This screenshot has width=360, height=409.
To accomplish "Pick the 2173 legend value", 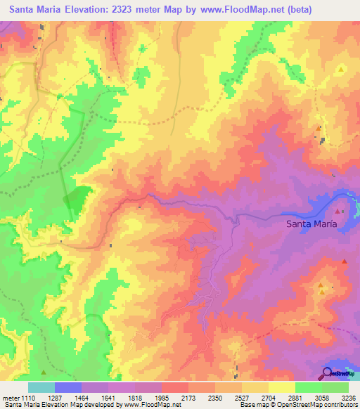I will pos(188,397).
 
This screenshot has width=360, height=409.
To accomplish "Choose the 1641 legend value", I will pos(108,397).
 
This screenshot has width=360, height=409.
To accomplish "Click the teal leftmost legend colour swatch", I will pos(41,387).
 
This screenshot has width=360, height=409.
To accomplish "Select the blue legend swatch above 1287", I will pos(68,387).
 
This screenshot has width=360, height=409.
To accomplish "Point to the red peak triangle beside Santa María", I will pos(338,211).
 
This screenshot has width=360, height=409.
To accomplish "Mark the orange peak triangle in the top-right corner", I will pos(341,70).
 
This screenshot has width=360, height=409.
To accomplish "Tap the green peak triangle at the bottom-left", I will pos(44,372).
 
